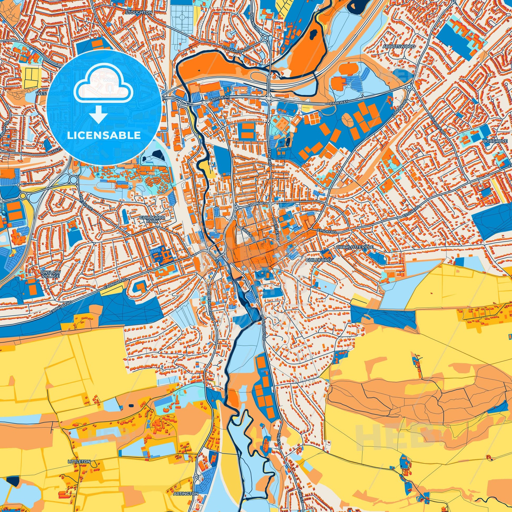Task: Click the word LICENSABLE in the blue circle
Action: pos(104,135)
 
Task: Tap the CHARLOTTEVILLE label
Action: pos(355,247)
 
